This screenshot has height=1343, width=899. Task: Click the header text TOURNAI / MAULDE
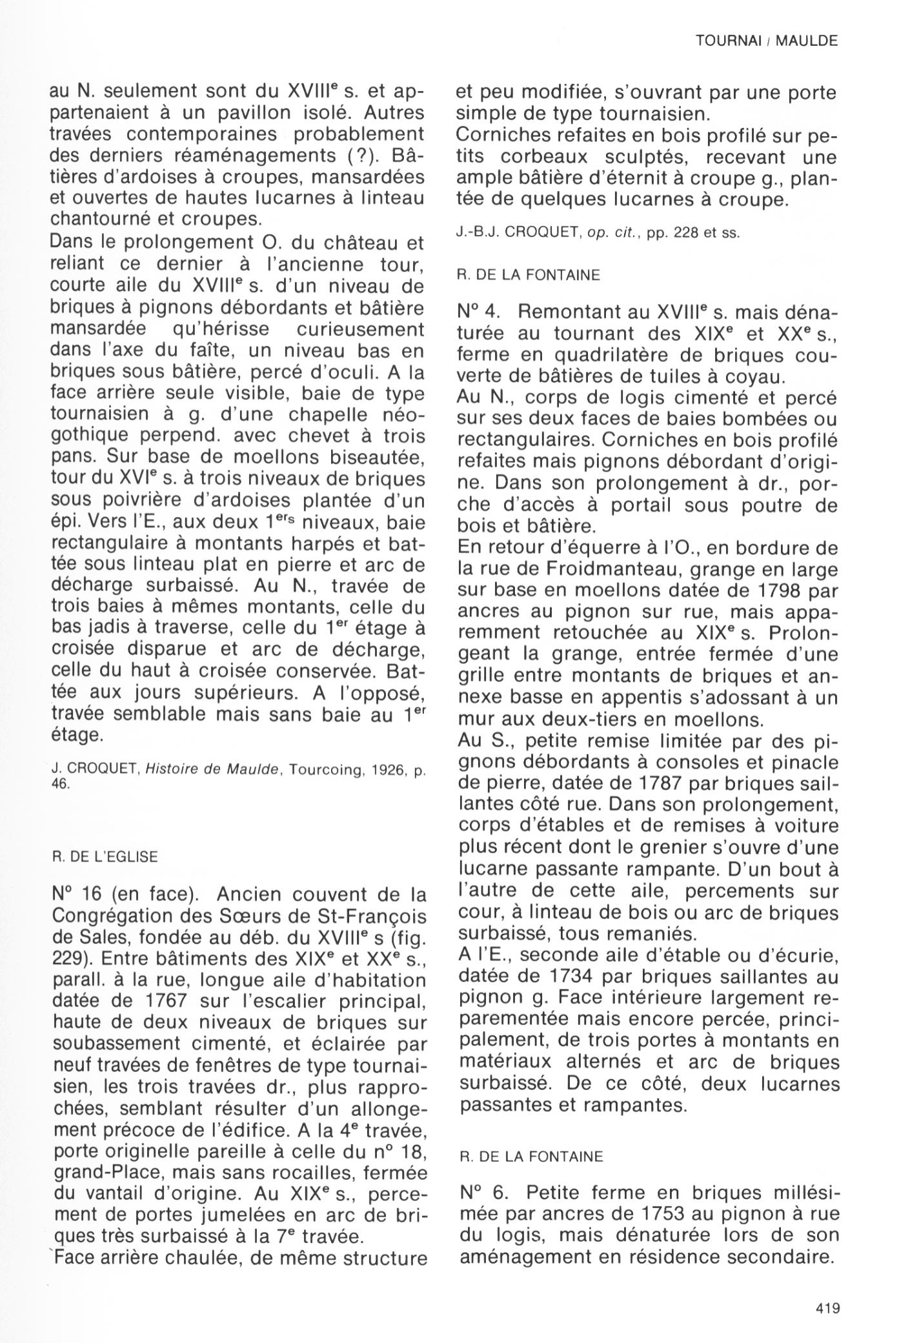click(x=766, y=41)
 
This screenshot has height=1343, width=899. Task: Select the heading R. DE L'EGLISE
click(x=104, y=857)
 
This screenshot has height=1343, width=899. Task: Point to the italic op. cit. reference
click(x=620, y=233)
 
